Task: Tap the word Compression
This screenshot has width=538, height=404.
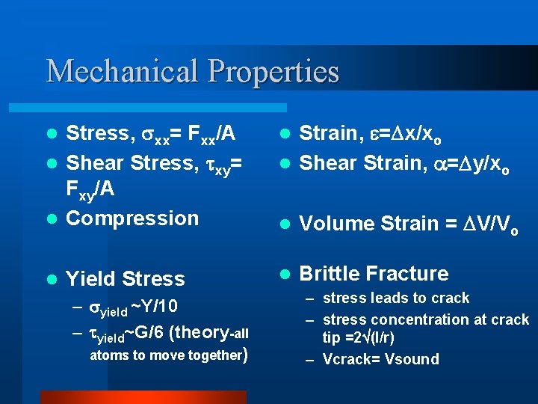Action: click(x=132, y=218)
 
